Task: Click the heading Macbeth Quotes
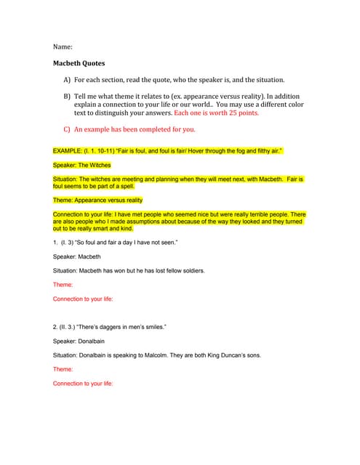pos(79,63)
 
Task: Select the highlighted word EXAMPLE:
pos(70,150)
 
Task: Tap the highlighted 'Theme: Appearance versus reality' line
pos(97,200)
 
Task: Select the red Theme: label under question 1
pos(63,285)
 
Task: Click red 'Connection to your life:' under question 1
pos(83,299)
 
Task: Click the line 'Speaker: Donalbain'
pos(81,341)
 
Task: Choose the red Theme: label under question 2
pos(63,369)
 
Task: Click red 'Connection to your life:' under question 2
pos(83,383)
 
